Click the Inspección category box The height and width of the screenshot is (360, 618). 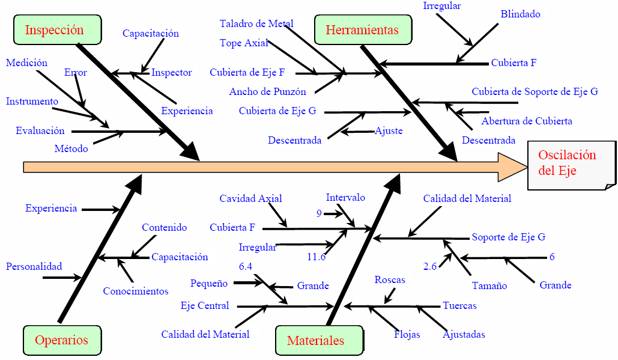pyautogui.click(x=54, y=30)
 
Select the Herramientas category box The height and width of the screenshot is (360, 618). pyautogui.click(x=362, y=30)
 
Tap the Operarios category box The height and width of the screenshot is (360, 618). pyautogui.click(x=61, y=340)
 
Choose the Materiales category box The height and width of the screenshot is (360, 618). pyautogui.click(x=316, y=341)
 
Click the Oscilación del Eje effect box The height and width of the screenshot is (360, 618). pyautogui.click(x=568, y=163)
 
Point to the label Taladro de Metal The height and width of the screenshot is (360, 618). pyautogui.click(x=256, y=24)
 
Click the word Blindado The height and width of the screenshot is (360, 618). pyautogui.click(x=520, y=14)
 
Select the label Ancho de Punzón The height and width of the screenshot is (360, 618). pyautogui.click(x=267, y=92)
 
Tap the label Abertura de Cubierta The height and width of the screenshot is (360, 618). pyautogui.click(x=526, y=121)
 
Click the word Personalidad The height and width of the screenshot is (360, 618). pyautogui.click(x=34, y=266)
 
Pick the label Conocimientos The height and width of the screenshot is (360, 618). pyautogui.click(x=136, y=291)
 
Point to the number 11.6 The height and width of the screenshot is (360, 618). pyautogui.click(x=316, y=257)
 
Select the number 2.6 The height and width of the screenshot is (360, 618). pyautogui.click(x=430, y=266)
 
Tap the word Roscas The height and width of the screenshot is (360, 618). pyautogui.click(x=390, y=280)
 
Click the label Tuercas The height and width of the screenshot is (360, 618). pyautogui.click(x=459, y=306)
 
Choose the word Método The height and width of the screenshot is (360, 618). pyautogui.click(x=71, y=148)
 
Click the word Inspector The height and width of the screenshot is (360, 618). pyautogui.click(x=172, y=73)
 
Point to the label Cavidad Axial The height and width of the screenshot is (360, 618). pyautogui.click(x=250, y=198)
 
